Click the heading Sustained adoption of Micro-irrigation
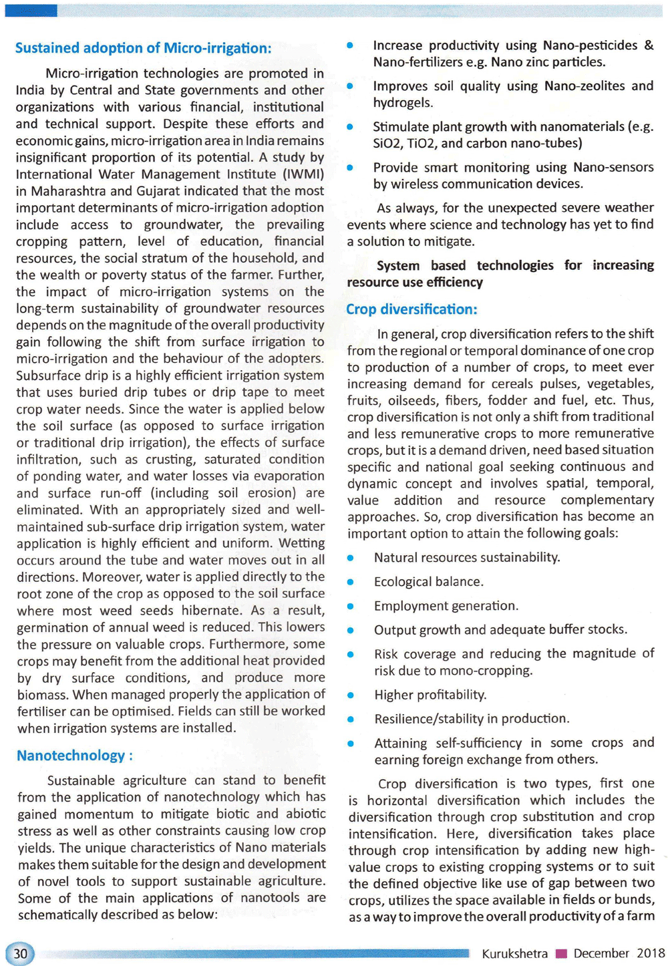point(143,48)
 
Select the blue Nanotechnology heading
point(74,756)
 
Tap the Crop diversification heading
point(411,309)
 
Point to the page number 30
point(20,953)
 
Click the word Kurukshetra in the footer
point(514,953)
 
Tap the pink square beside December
point(561,954)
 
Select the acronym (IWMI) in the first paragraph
point(304,174)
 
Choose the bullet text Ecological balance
point(428,582)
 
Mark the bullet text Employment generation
point(446,606)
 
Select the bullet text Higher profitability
point(430,695)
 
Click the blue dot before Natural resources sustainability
point(350,558)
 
